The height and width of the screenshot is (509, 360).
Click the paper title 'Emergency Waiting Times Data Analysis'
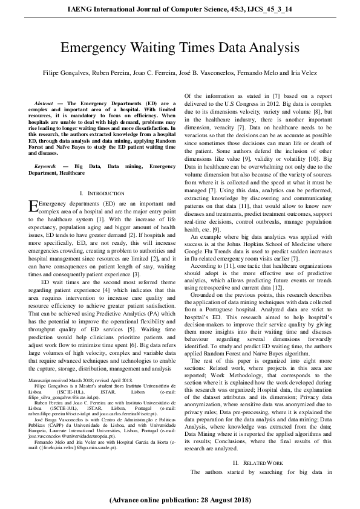[180, 49]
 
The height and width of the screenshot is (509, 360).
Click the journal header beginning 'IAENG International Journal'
[180, 10]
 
